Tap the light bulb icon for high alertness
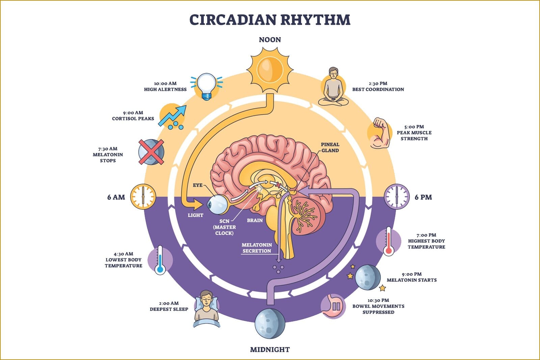coord(207,86)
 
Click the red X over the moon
coord(151,152)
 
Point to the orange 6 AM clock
coord(143,197)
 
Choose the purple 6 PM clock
coord(397,197)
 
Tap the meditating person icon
coord(333,87)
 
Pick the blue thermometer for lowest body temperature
coord(160,260)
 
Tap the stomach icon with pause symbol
coord(333,306)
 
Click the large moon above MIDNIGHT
coord(270,324)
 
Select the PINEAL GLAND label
coord(330,147)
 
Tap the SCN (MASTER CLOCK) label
coord(224,227)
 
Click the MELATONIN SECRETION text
coord(256,248)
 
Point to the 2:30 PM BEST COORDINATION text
coord(378,86)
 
